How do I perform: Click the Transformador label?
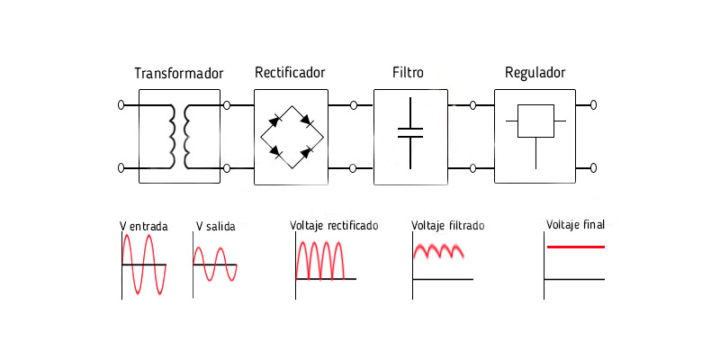(x=179, y=73)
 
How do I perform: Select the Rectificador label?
(x=290, y=72)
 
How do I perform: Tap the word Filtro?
(x=409, y=72)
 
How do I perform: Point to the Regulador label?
(x=535, y=72)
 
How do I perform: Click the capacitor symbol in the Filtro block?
(x=410, y=132)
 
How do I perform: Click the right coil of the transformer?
(x=188, y=136)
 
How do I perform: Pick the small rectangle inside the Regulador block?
(x=536, y=121)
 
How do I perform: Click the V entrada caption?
(x=143, y=227)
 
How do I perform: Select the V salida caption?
(x=215, y=227)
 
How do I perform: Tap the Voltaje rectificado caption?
(x=334, y=225)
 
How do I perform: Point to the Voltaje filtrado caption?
(x=447, y=226)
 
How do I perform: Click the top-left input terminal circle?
(x=121, y=105)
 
